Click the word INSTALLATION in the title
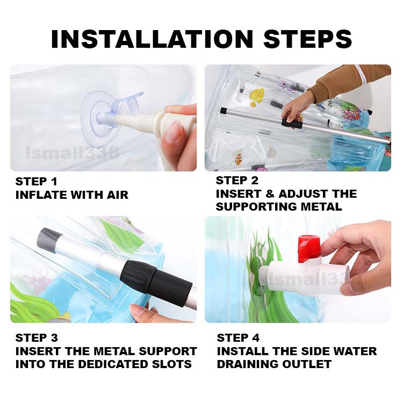pyautogui.click(x=152, y=39)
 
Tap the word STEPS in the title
pyautogui.click(x=308, y=39)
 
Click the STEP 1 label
pyautogui.click(x=36, y=182)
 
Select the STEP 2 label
pyautogui.click(x=237, y=181)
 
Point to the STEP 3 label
pyautogui.click(x=37, y=338)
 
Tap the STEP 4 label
pyautogui.click(x=238, y=338)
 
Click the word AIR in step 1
pyautogui.click(x=118, y=195)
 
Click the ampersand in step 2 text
pyautogui.click(x=270, y=194)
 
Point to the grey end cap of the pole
pyautogui.click(x=49, y=236)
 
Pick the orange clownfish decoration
pyautogui.click(x=238, y=159)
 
